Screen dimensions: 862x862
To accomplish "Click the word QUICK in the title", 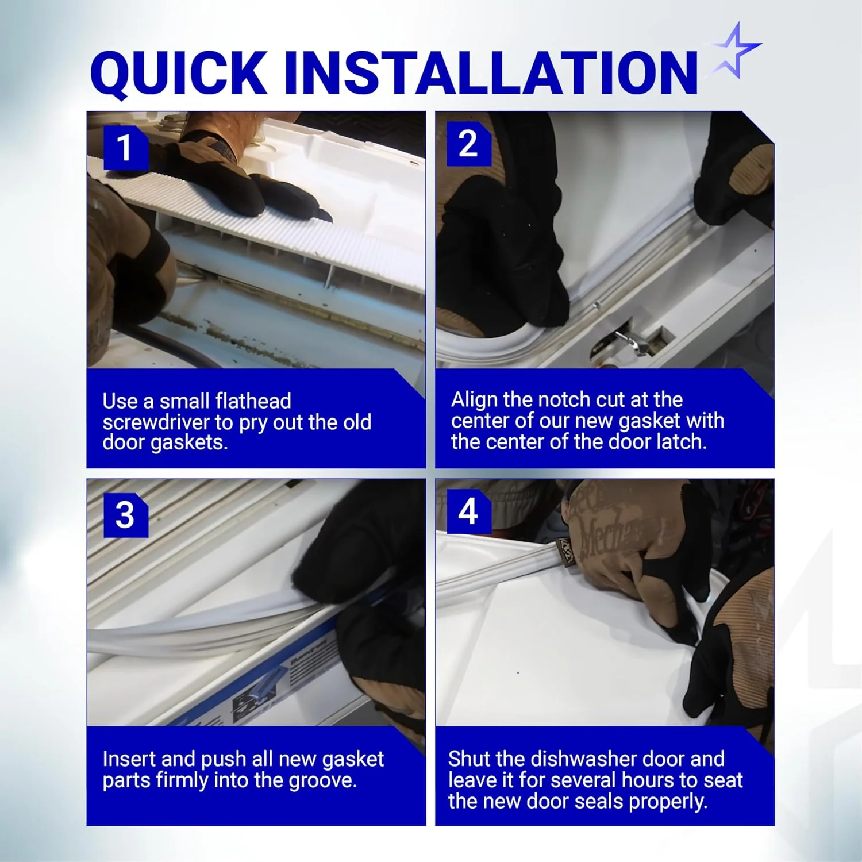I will tap(179, 73).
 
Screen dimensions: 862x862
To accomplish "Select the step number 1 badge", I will tap(125, 148).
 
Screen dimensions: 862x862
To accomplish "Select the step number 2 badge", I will tap(468, 144).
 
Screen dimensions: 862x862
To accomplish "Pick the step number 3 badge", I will tap(125, 515).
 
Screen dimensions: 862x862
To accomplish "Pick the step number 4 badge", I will tap(468, 511).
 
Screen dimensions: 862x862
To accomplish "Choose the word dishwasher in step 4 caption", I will tap(583, 759).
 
